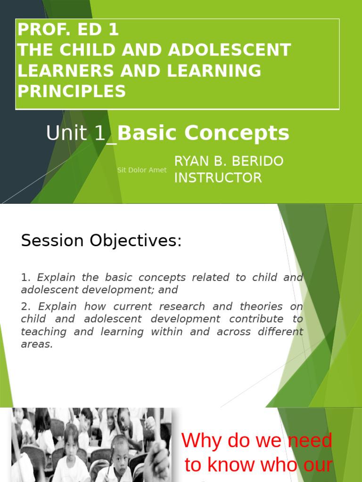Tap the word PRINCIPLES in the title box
coord(72,91)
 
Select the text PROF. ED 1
coord(68,30)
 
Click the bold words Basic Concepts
coord(203,133)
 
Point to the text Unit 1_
coord(81,134)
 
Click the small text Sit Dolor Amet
coord(142,170)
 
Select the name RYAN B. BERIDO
coord(229,161)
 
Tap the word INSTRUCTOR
coord(218,178)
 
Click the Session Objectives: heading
coord(101,241)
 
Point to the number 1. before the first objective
coord(25,278)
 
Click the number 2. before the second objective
coord(25,307)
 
